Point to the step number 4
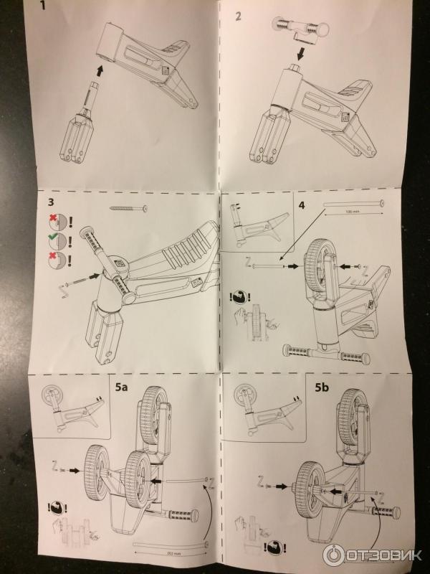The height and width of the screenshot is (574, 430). tap(302, 205)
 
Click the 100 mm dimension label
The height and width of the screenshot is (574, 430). tap(353, 213)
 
